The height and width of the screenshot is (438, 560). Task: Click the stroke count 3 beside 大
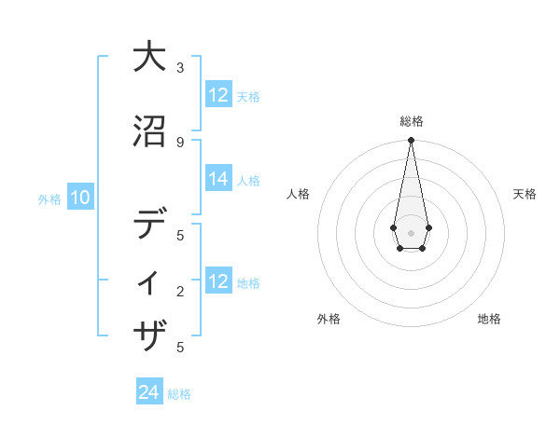click(x=180, y=68)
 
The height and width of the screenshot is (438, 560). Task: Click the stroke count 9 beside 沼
click(x=180, y=142)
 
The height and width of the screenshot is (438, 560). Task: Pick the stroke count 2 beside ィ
click(x=180, y=292)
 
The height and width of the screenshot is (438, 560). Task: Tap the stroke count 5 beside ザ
click(x=180, y=348)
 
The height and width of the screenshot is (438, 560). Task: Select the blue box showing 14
click(x=218, y=180)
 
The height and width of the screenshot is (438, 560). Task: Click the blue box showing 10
click(x=80, y=198)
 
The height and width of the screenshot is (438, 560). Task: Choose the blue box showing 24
click(x=149, y=392)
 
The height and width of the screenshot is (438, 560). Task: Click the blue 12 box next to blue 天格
click(x=218, y=95)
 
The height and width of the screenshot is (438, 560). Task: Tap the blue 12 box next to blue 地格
click(x=218, y=281)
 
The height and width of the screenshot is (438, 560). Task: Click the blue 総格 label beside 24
click(x=179, y=394)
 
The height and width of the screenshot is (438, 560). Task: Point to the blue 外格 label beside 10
click(x=49, y=198)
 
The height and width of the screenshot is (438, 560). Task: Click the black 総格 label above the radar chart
click(x=411, y=121)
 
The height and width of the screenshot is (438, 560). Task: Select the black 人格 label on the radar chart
click(x=298, y=194)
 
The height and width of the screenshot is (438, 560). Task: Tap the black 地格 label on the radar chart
click(x=489, y=320)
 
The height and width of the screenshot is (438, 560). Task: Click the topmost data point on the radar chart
click(x=411, y=141)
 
